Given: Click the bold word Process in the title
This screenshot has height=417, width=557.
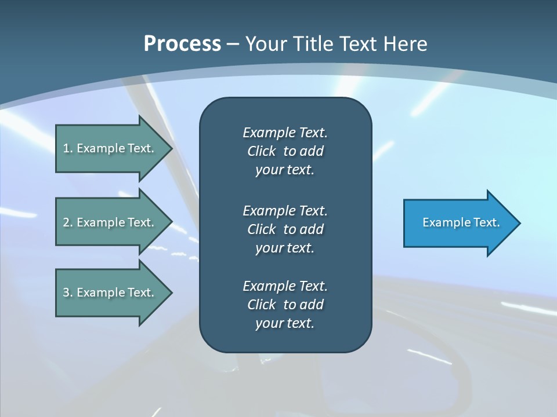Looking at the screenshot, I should point(182,44).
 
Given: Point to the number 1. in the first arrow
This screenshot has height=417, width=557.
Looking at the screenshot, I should point(68,148).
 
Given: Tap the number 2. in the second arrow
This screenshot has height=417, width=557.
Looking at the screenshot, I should point(68,222).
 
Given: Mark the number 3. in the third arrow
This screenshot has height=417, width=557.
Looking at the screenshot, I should point(68,292).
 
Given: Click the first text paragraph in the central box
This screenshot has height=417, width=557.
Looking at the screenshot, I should point(285,151).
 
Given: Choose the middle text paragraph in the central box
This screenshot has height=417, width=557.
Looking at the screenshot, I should point(285,229).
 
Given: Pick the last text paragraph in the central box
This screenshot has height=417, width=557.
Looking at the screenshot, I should point(285,305).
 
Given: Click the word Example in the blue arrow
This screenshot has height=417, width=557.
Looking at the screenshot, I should point(443,222).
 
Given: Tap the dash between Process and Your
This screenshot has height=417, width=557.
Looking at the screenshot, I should point(233,44).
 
